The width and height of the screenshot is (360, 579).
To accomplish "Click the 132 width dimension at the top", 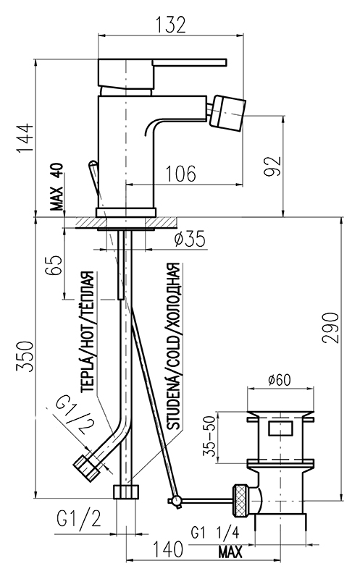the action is pos(169,25).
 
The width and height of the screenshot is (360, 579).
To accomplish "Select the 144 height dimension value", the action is pos(25,138).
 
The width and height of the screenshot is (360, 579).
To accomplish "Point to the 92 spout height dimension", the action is pos(273,166).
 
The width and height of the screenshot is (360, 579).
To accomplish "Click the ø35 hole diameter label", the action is pos(189,239).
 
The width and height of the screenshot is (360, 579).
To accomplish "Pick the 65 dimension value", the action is pos(54,265).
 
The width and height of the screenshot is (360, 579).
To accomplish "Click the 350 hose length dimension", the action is pos(25,356).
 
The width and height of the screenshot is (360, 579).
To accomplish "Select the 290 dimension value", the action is pos(330,328).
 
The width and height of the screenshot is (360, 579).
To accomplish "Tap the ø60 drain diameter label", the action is pos(280,379).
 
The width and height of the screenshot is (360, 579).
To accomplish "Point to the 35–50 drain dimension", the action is pos(209,436).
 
